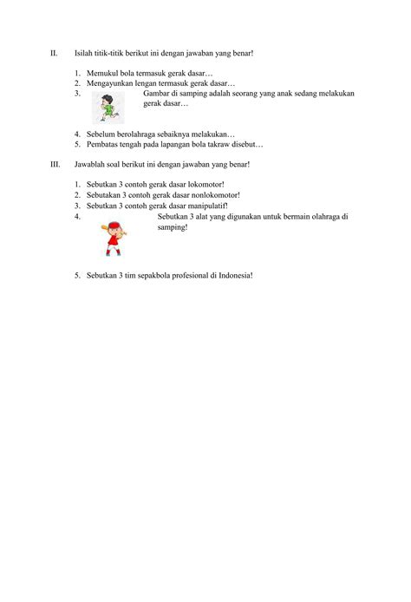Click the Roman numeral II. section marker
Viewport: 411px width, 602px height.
tap(54, 54)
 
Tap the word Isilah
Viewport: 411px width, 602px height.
tap(86, 54)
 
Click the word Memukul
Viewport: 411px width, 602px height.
tap(102, 74)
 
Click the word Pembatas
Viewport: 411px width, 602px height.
tap(102, 145)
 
